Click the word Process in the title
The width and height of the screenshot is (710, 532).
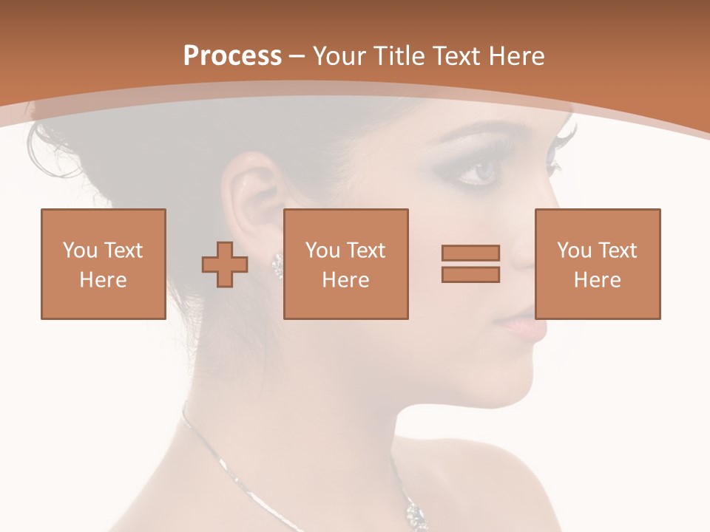[232, 56]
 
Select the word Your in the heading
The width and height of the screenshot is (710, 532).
[340, 56]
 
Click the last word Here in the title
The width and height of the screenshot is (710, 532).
[515, 56]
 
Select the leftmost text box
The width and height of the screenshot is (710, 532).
[104, 265]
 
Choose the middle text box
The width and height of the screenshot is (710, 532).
[346, 265]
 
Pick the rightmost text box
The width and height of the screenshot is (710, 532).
[598, 265]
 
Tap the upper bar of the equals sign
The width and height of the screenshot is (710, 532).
[470, 253]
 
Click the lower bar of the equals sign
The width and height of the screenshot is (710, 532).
[470, 275]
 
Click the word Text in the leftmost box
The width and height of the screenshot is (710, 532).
[124, 250]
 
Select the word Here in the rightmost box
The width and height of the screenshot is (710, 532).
[598, 280]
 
